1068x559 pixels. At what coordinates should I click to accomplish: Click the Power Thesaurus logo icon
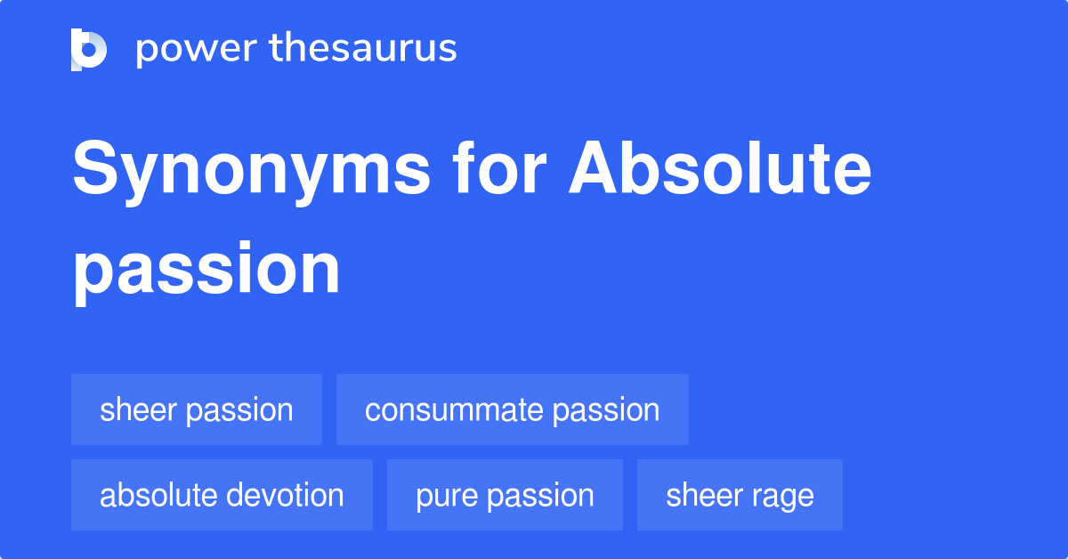click(x=89, y=49)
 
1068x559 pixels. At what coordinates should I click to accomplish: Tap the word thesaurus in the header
click(x=363, y=49)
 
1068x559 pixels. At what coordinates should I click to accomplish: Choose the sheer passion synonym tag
click(x=196, y=409)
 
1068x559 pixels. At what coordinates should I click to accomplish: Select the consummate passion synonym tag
click(x=512, y=409)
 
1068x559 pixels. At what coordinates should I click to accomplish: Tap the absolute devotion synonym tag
click(x=222, y=495)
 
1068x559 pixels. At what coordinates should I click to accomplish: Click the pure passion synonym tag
click(x=505, y=495)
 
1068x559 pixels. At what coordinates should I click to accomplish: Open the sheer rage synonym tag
click(x=740, y=495)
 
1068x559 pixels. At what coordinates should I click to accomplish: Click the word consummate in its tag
click(x=454, y=409)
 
